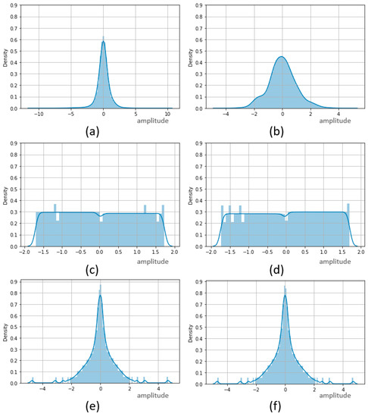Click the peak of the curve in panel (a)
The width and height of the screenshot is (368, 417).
tap(103, 42)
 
